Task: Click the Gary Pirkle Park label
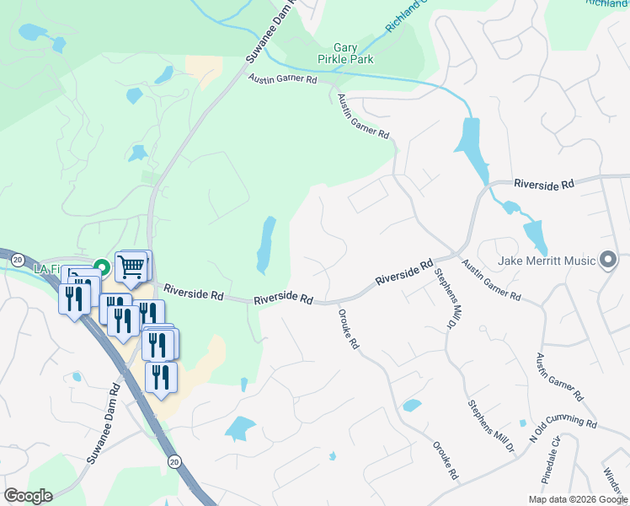[x=357, y=55]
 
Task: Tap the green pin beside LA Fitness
[x=103, y=268]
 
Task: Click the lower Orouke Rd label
[x=445, y=460]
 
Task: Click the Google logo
[x=28, y=496]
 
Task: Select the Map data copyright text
[x=578, y=499]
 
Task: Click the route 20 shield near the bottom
[x=174, y=461]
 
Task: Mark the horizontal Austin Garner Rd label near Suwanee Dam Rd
[x=281, y=79]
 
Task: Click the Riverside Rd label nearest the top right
[x=544, y=183]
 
